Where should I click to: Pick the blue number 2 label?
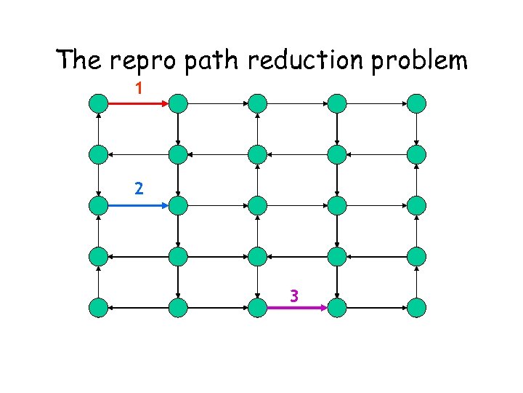point(139,188)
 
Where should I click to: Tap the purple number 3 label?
point(294,295)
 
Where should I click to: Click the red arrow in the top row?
point(138,103)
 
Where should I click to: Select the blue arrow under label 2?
point(138,205)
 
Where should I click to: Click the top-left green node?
point(99,103)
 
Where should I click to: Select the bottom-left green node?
point(99,308)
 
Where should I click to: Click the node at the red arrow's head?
point(178,103)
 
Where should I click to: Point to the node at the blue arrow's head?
point(178,205)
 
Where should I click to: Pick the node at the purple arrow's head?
point(337,308)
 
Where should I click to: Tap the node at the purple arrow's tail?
point(257,308)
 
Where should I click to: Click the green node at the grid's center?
point(257,205)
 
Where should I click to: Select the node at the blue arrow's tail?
point(99,205)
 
